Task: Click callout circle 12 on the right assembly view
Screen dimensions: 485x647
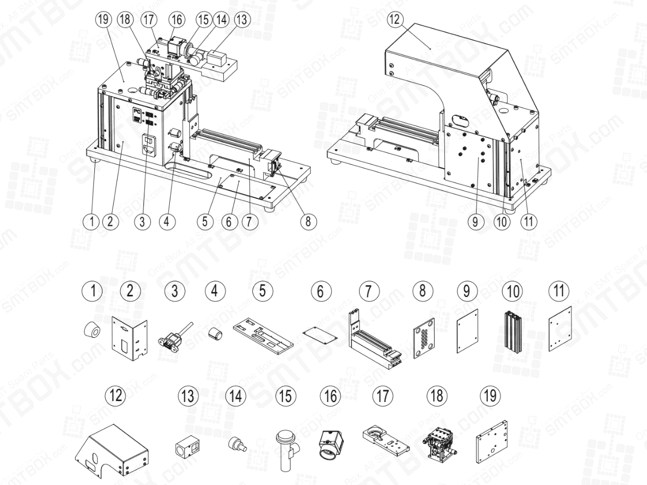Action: tap(396, 20)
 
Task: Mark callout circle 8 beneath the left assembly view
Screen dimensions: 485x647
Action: tap(309, 221)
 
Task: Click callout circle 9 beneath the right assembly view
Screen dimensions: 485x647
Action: tap(476, 221)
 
